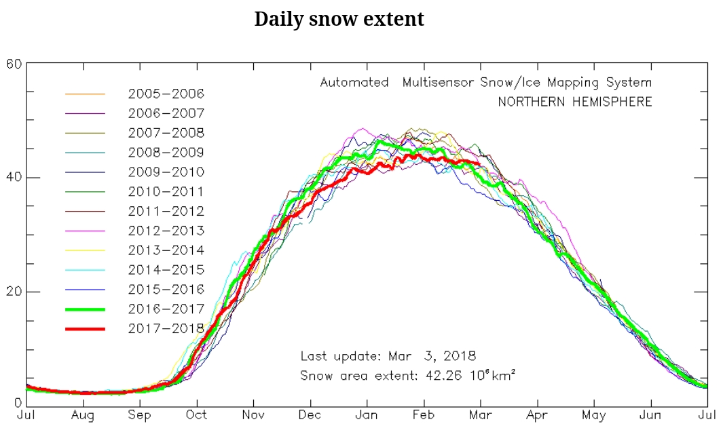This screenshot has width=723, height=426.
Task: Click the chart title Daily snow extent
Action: click(339, 19)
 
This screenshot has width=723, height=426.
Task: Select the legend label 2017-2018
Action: click(166, 328)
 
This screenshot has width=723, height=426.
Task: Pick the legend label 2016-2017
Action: click(166, 309)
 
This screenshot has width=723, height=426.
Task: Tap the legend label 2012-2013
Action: click(166, 231)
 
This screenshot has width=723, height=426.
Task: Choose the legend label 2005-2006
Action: click(166, 94)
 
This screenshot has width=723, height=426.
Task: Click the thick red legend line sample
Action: click(85, 328)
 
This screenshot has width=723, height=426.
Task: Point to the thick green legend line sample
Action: click(85, 309)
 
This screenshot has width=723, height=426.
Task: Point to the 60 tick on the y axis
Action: click(14, 64)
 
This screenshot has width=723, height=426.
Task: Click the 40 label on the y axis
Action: click(14, 178)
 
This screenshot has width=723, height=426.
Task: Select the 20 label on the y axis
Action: click(14, 292)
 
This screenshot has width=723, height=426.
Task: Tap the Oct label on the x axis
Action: click(197, 414)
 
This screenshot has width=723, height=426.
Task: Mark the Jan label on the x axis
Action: click(367, 414)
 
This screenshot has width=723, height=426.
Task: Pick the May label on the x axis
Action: click(594, 414)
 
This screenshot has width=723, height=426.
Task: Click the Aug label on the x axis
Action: click(83, 414)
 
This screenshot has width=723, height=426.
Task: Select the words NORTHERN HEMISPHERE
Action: click(574, 102)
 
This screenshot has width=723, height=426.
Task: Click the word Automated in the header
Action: click(354, 83)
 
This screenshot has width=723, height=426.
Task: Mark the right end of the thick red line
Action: click(481, 163)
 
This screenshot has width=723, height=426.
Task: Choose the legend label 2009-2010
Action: click(166, 172)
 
